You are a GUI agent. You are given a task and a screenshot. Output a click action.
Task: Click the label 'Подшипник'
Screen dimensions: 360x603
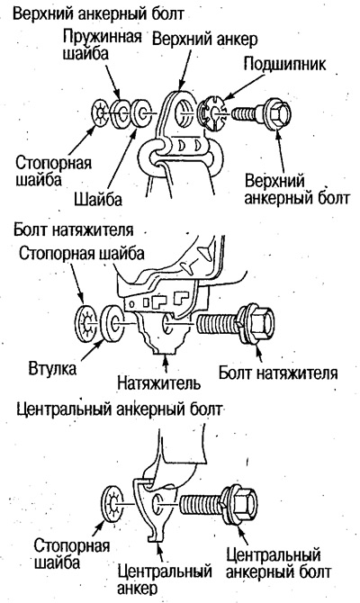click(284, 64)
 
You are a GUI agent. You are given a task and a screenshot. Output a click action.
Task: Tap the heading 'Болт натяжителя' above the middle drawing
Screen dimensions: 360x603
click(74, 229)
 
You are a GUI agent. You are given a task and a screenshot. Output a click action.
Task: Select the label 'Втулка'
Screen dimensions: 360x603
click(52, 369)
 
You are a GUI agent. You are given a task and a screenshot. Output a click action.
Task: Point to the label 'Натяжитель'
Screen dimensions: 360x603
click(158, 382)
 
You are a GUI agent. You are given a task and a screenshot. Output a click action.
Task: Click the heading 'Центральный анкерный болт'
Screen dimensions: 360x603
click(119, 409)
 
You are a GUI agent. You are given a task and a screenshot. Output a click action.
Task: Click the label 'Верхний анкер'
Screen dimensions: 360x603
click(205, 39)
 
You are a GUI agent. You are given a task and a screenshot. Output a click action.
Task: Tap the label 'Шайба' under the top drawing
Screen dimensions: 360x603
click(98, 199)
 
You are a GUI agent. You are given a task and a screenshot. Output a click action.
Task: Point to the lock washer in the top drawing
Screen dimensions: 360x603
click(101, 113)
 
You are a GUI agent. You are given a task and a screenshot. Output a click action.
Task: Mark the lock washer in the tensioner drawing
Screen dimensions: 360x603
click(87, 324)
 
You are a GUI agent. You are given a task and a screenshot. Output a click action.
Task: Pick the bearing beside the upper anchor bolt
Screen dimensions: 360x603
click(211, 113)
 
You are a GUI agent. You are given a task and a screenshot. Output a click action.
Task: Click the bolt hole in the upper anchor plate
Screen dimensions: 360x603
click(183, 112)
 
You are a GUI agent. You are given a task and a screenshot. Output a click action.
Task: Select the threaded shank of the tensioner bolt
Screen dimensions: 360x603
click(218, 324)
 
